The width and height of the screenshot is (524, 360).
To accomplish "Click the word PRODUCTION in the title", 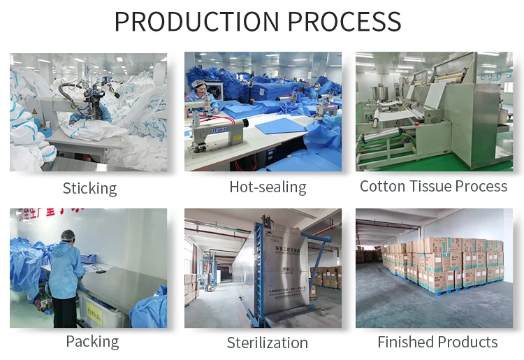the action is pos(196,21).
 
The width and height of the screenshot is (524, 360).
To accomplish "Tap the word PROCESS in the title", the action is pos(346,21).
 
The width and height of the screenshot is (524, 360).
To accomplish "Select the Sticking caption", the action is pos(89,188).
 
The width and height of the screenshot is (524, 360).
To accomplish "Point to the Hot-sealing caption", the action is pos(268,187).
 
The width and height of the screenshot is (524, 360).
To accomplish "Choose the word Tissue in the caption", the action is pos(432,186).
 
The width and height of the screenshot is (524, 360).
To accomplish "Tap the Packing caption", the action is pos(92,341).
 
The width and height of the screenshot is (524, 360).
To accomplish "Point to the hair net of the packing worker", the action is pos(68,235).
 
